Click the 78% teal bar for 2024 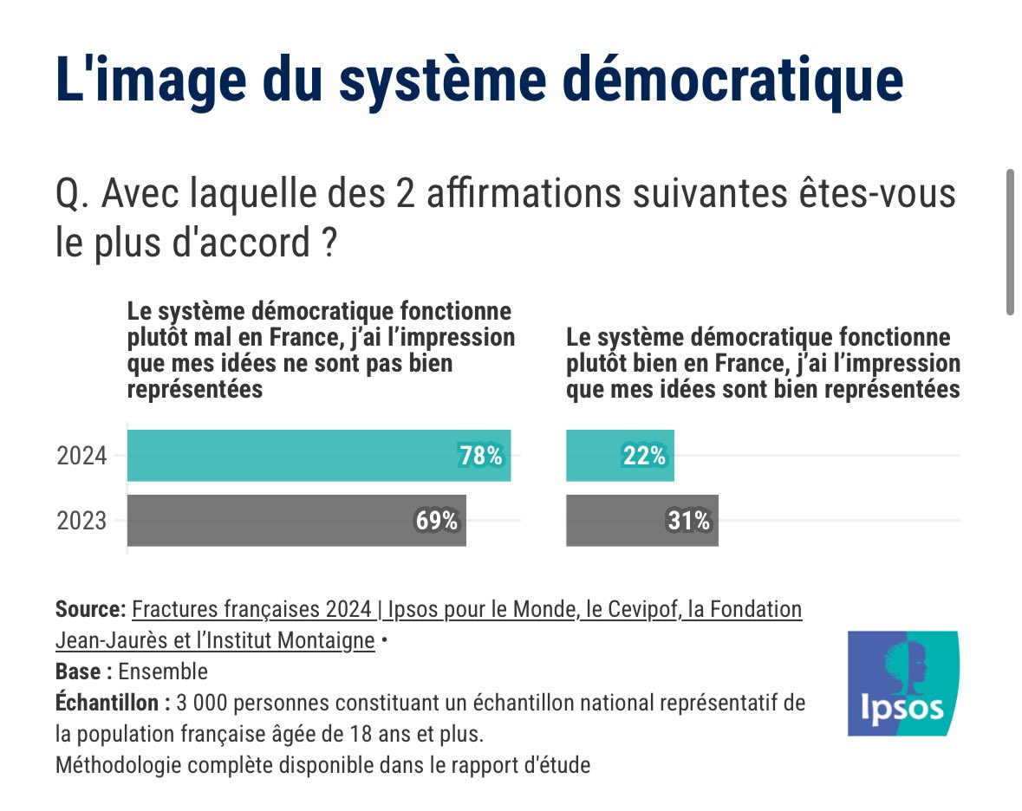coord(318,456)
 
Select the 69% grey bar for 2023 coord(296,521)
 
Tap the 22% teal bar coord(619,456)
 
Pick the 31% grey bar coord(641,521)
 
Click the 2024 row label coord(81,456)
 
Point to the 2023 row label coord(81,522)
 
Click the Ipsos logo coord(902,684)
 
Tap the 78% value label coord(481,456)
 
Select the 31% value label coord(689,521)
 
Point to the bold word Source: coord(90,609)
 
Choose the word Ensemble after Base coord(163,672)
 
